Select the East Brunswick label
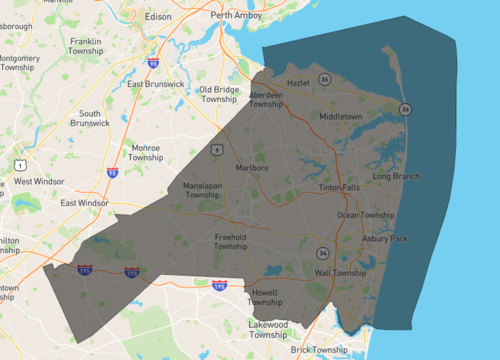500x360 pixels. click(x=156, y=84)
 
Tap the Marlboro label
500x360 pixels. click(x=252, y=168)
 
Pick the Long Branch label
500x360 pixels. click(x=396, y=176)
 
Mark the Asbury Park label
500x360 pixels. click(x=385, y=239)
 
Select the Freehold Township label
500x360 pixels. click(x=230, y=242)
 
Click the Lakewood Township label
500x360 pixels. click(x=268, y=330)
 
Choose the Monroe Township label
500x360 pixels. click(x=147, y=153)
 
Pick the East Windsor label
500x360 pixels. click(x=84, y=203)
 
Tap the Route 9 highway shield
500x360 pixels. click(x=216, y=148)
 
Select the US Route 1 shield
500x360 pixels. click(x=19, y=163)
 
